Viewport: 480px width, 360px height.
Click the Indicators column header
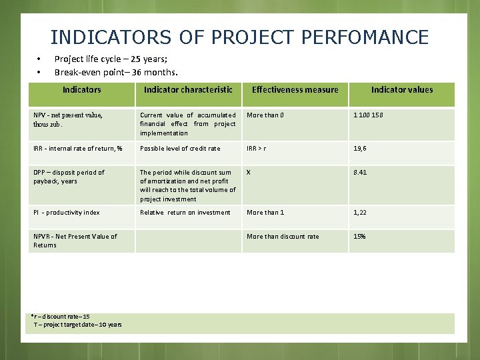[82, 89]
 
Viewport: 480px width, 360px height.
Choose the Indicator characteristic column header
[188, 89]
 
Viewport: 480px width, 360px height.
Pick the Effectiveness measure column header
[295, 89]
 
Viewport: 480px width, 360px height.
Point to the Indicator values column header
[402, 89]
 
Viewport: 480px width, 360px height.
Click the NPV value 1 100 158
[368, 115]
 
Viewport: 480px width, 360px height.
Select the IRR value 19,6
[360, 148]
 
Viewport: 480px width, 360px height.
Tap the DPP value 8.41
[360, 172]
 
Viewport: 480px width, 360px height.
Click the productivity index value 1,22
[360, 212]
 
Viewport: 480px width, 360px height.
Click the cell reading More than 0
[265, 115]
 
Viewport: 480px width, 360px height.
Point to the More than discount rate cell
[283, 236]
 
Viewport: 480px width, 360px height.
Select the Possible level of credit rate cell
[180, 148]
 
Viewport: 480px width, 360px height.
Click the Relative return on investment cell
[185, 212]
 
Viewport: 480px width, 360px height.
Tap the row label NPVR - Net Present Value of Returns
[75, 240]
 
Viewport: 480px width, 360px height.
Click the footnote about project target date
[78, 325]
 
